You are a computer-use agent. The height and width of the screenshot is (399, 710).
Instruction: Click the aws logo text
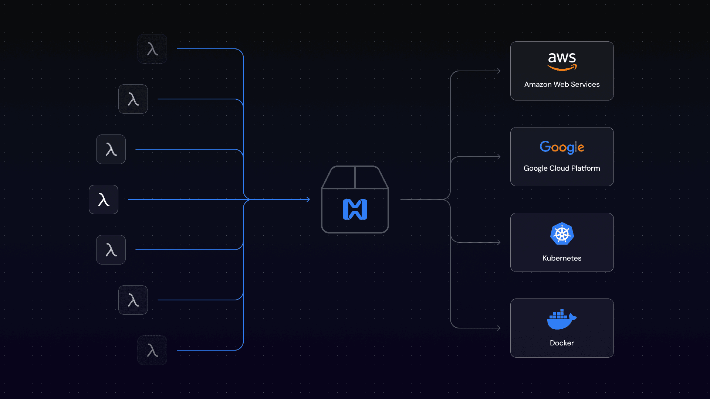point(562,58)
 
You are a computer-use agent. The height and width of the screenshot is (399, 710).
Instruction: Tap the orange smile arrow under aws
point(562,68)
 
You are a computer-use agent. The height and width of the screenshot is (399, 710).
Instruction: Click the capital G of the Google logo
point(544,147)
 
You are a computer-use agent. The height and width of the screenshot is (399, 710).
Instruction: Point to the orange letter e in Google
point(581,148)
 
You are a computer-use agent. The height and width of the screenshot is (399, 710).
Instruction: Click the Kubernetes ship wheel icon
point(562,234)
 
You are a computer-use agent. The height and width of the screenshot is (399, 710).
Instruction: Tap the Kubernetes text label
point(562,258)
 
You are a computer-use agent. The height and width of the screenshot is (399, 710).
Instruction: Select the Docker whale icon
point(561,319)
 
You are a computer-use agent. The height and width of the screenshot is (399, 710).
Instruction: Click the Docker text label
point(562,343)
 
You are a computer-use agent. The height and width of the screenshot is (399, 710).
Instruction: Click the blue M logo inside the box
point(355,209)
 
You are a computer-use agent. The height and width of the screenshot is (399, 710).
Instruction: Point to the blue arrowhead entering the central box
point(308,199)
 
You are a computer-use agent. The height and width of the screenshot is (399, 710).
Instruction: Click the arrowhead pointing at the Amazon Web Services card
point(499,71)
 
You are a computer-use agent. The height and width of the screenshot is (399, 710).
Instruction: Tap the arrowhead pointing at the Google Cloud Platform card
point(499,157)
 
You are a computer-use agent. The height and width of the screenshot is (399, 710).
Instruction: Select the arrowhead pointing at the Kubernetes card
point(499,242)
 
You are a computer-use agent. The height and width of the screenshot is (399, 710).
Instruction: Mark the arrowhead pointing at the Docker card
point(499,328)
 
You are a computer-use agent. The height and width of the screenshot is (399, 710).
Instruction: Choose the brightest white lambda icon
point(104,199)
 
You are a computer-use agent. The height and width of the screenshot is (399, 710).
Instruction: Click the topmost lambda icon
point(152,49)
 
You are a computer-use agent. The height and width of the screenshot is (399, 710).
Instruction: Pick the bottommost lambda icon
point(152,350)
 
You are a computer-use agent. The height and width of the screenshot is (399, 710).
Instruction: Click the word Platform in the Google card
point(585,168)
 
